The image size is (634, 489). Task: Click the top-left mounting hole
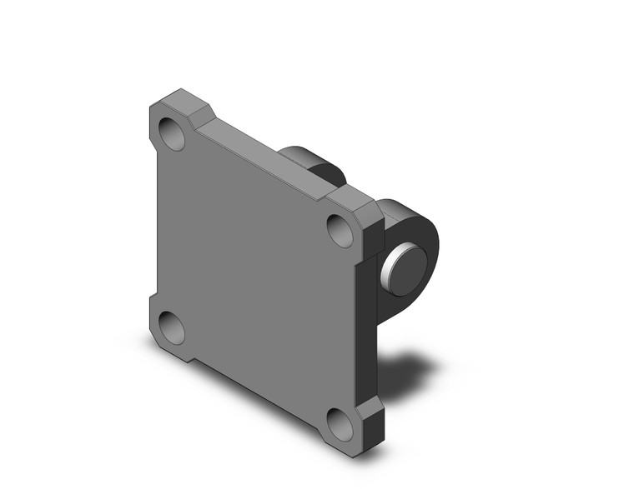click(173, 133)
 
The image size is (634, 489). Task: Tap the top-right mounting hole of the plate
click(340, 230)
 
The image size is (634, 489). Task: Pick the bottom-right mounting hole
click(340, 424)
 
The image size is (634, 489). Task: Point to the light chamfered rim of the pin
click(388, 272)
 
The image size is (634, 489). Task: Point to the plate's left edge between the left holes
click(155, 229)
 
